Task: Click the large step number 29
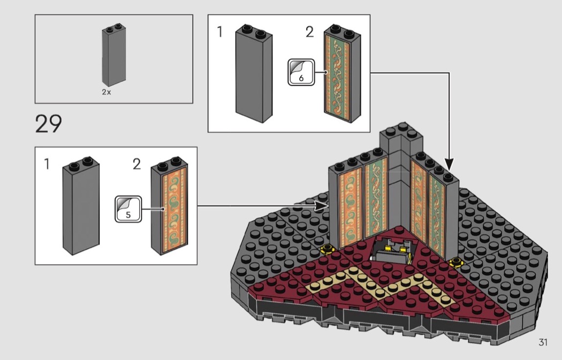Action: (49, 124)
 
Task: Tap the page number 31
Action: (543, 342)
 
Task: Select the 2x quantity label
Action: (107, 92)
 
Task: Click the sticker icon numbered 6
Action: (301, 72)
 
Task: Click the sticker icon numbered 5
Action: (128, 209)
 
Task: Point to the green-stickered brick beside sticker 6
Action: (343, 74)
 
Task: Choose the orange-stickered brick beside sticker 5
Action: (169, 205)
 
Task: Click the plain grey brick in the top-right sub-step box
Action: (254, 74)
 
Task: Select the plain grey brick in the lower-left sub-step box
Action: (81, 205)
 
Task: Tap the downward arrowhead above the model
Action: (449, 164)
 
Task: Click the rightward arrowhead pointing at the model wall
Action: (322, 205)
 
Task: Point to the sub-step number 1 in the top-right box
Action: (220, 32)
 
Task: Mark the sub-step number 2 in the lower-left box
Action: (136, 164)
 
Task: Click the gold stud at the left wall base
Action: (327, 248)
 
